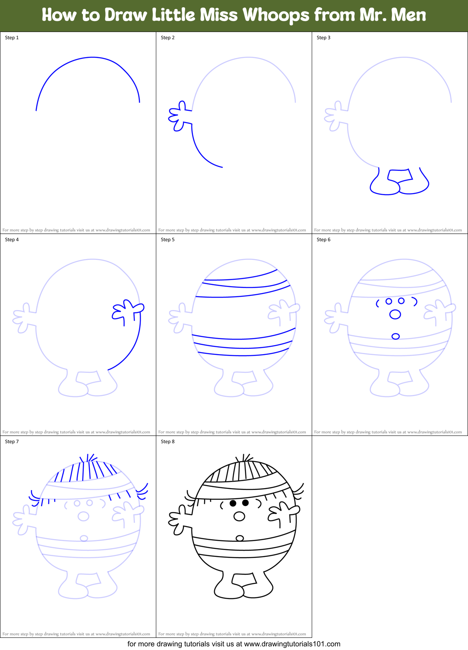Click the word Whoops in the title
276,15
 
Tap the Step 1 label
12,38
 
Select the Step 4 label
12,240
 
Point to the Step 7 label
12,442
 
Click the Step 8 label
168,442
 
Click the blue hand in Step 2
179,116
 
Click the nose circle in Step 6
395,314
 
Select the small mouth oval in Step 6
396,336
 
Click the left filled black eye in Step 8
233,503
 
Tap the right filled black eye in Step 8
245,503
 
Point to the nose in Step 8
239,516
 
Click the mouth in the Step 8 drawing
240,538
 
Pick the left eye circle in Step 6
389,301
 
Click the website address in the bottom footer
292,644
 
